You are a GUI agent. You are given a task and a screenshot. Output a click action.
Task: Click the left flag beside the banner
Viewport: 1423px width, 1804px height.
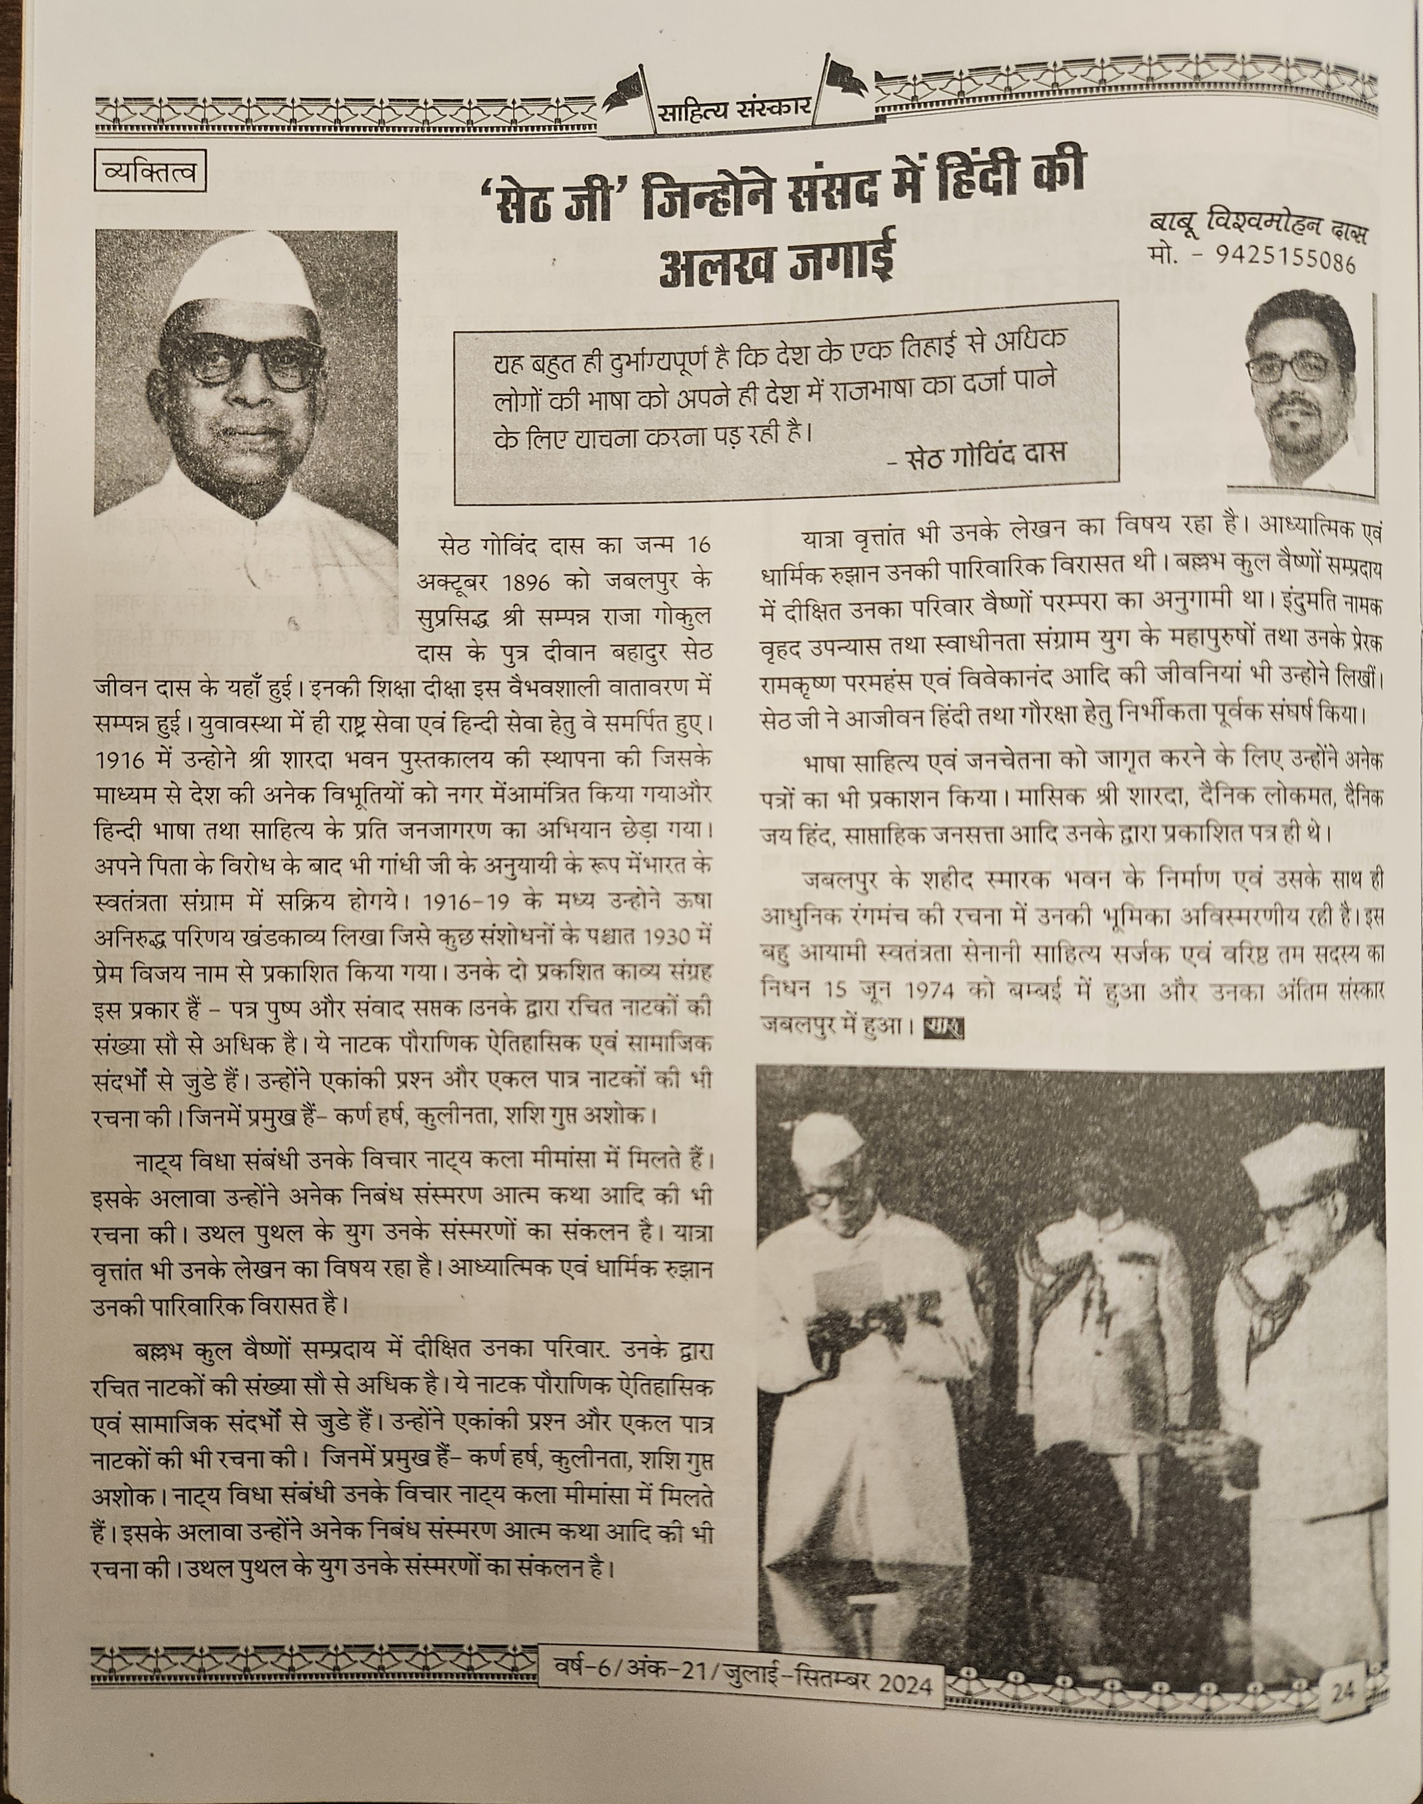tap(629, 90)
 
